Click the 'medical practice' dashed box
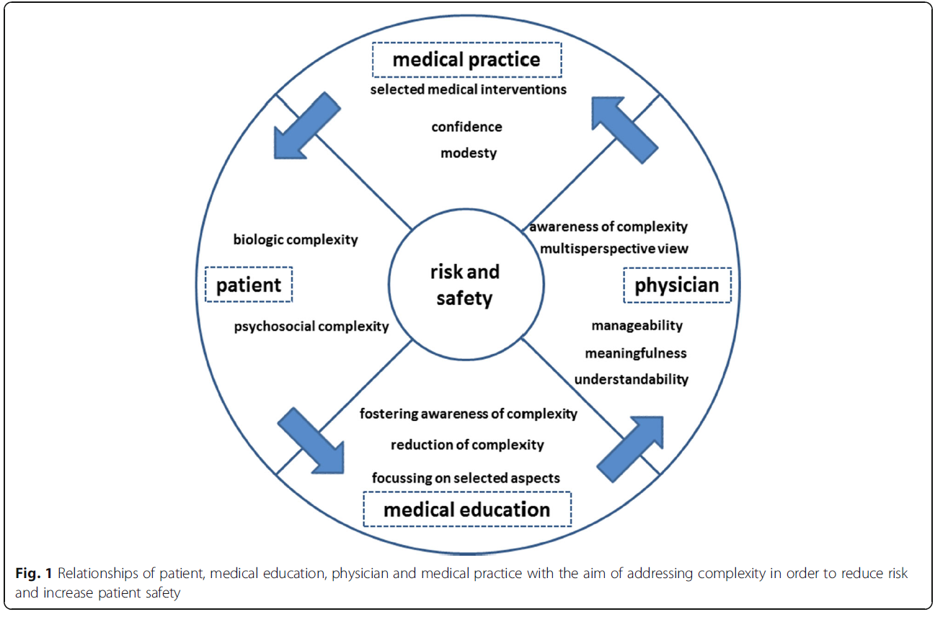pyautogui.click(x=466, y=60)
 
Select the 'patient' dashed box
pyautogui.click(x=249, y=285)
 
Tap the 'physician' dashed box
pyautogui.click(x=676, y=285)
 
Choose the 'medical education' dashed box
pyautogui.click(x=466, y=510)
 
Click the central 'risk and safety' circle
pyautogui.click(x=465, y=284)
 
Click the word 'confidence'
pyautogui.click(x=466, y=127)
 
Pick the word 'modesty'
pyautogui.click(x=469, y=153)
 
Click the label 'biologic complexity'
pyautogui.click(x=296, y=240)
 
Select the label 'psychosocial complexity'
pyautogui.click(x=311, y=327)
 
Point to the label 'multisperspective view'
pyautogui.click(x=614, y=249)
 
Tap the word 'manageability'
pyautogui.click(x=637, y=326)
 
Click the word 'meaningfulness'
pyautogui.click(x=636, y=353)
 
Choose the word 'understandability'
pyautogui.click(x=631, y=379)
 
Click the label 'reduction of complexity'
pyautogui.click(x=467, y=445)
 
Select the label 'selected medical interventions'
pyautogui.click(x=468, y=90)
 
